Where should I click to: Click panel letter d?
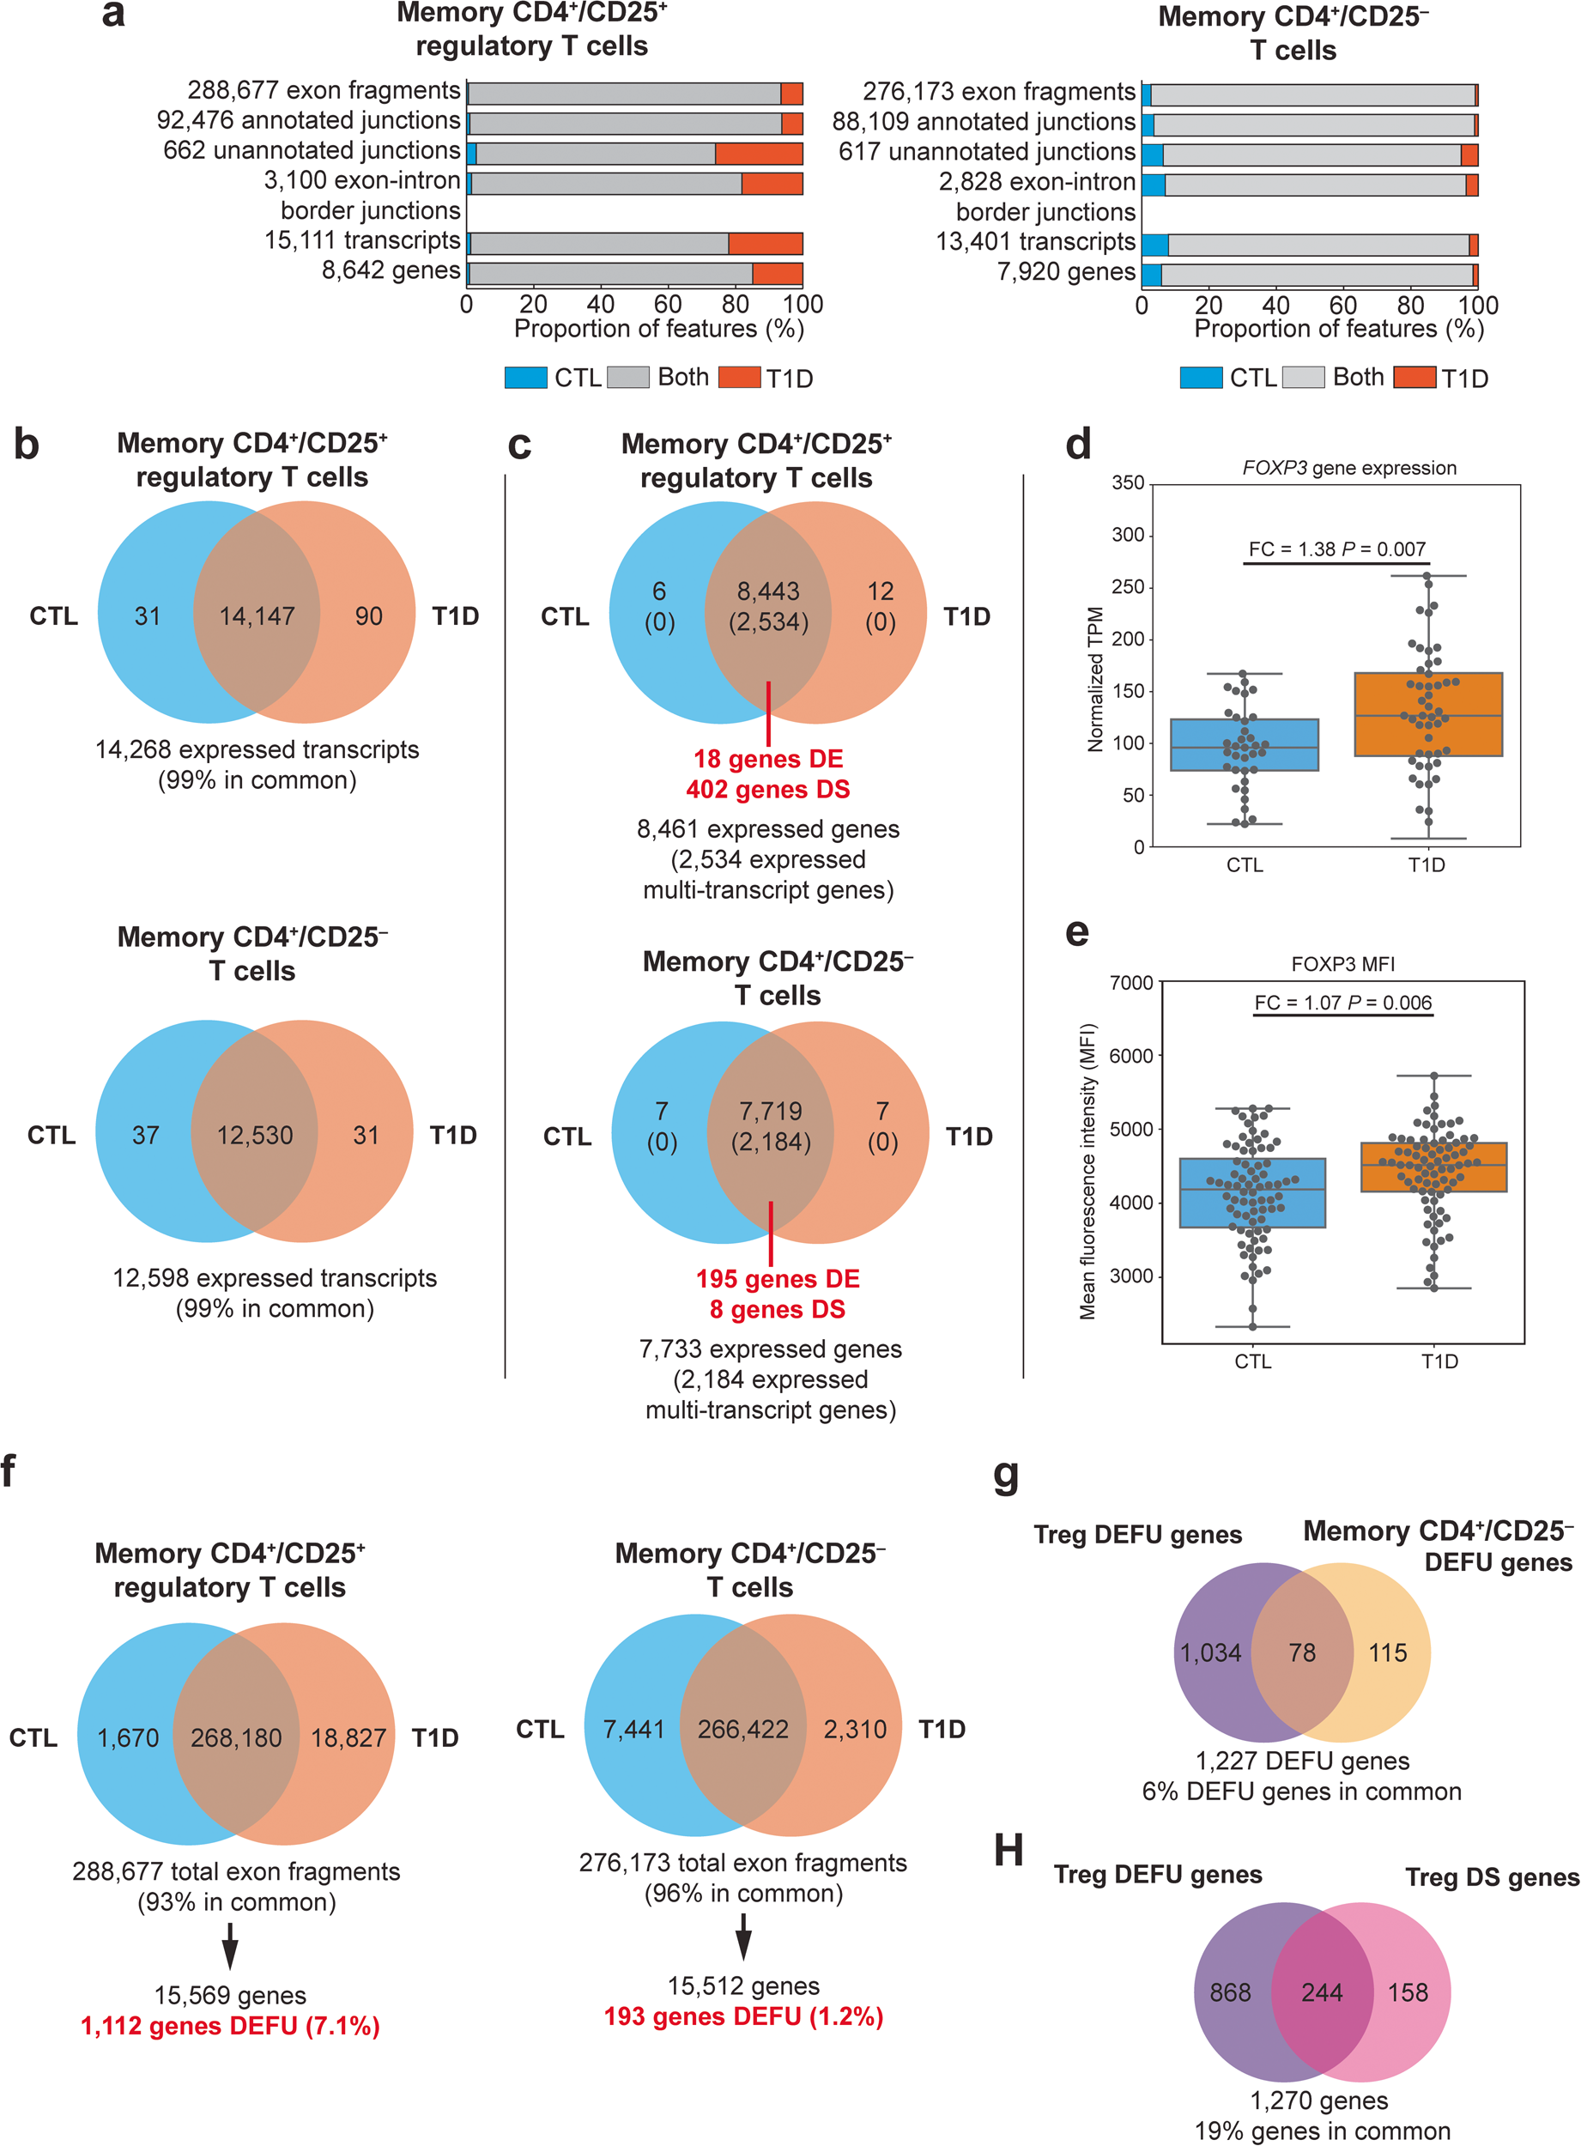point(1078,446)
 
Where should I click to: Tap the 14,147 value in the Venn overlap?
point(257,615)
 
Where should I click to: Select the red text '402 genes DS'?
point(767,790)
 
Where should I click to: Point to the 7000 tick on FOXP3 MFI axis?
point(1131,983)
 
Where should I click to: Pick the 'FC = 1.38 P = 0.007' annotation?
point(1336,549)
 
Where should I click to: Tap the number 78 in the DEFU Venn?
point(1301,1652)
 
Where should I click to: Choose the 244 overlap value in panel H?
point(1322,1991)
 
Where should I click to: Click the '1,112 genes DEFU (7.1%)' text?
point(230,2027)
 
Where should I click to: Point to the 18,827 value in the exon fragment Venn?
point(348,1737)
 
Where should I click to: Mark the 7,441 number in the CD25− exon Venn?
point(633,1729)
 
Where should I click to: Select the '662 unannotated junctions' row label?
point(311,150)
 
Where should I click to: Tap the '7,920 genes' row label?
point(1065,272)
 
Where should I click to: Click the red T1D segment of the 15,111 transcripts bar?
point(765,243)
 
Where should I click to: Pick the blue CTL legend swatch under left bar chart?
point(525,377)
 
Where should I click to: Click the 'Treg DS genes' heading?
point(1491,1878)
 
